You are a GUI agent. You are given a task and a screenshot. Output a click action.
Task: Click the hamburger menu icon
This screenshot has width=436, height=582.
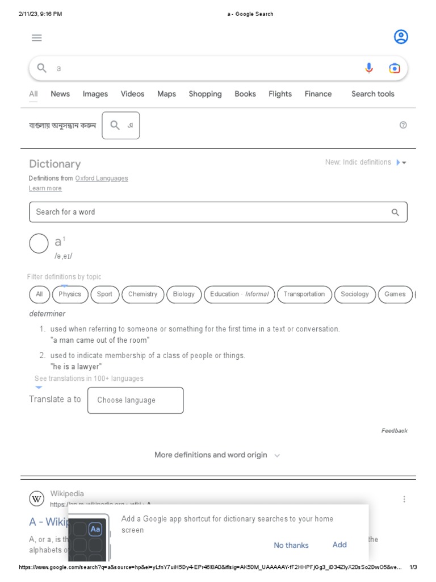tap(37, 38)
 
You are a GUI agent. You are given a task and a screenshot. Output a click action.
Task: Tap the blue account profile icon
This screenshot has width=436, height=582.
tap(401, 38)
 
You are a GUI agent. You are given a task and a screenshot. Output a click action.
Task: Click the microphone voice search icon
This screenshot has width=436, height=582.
tap(369, 68)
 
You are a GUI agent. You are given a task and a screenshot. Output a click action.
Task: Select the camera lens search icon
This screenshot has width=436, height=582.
tap(395, 68)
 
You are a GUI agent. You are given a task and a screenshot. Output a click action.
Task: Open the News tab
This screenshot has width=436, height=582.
tap(60, 94)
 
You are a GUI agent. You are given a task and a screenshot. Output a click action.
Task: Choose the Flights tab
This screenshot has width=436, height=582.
tap(280, 94)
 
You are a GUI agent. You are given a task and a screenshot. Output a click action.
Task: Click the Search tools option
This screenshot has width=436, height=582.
tap(372, 94)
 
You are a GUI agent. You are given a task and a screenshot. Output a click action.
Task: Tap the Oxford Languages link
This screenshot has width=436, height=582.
tap(102, 178)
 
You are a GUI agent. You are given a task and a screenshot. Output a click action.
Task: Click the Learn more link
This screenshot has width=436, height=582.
tap(45, 189)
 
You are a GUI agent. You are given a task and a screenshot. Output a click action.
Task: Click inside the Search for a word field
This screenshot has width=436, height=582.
tap(210, 212)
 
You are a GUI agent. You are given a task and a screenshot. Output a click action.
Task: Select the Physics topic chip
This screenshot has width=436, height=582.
tap(70, 294)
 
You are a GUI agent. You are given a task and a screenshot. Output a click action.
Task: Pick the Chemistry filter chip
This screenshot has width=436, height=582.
tap(142, 294)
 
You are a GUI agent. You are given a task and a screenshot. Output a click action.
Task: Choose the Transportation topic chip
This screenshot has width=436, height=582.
tap(304, 294)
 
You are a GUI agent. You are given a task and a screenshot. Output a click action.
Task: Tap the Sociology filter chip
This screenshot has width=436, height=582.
tap(355, 294)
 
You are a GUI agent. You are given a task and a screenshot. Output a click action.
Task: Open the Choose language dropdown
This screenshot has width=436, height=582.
tap(135, 400)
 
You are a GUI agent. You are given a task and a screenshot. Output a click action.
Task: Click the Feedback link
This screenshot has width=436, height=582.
tap(394, 431)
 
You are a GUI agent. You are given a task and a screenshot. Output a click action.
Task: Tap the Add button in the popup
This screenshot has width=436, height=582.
tap(339, 544)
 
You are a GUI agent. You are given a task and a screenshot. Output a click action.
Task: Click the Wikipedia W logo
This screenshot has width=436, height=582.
tap(36, 499)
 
